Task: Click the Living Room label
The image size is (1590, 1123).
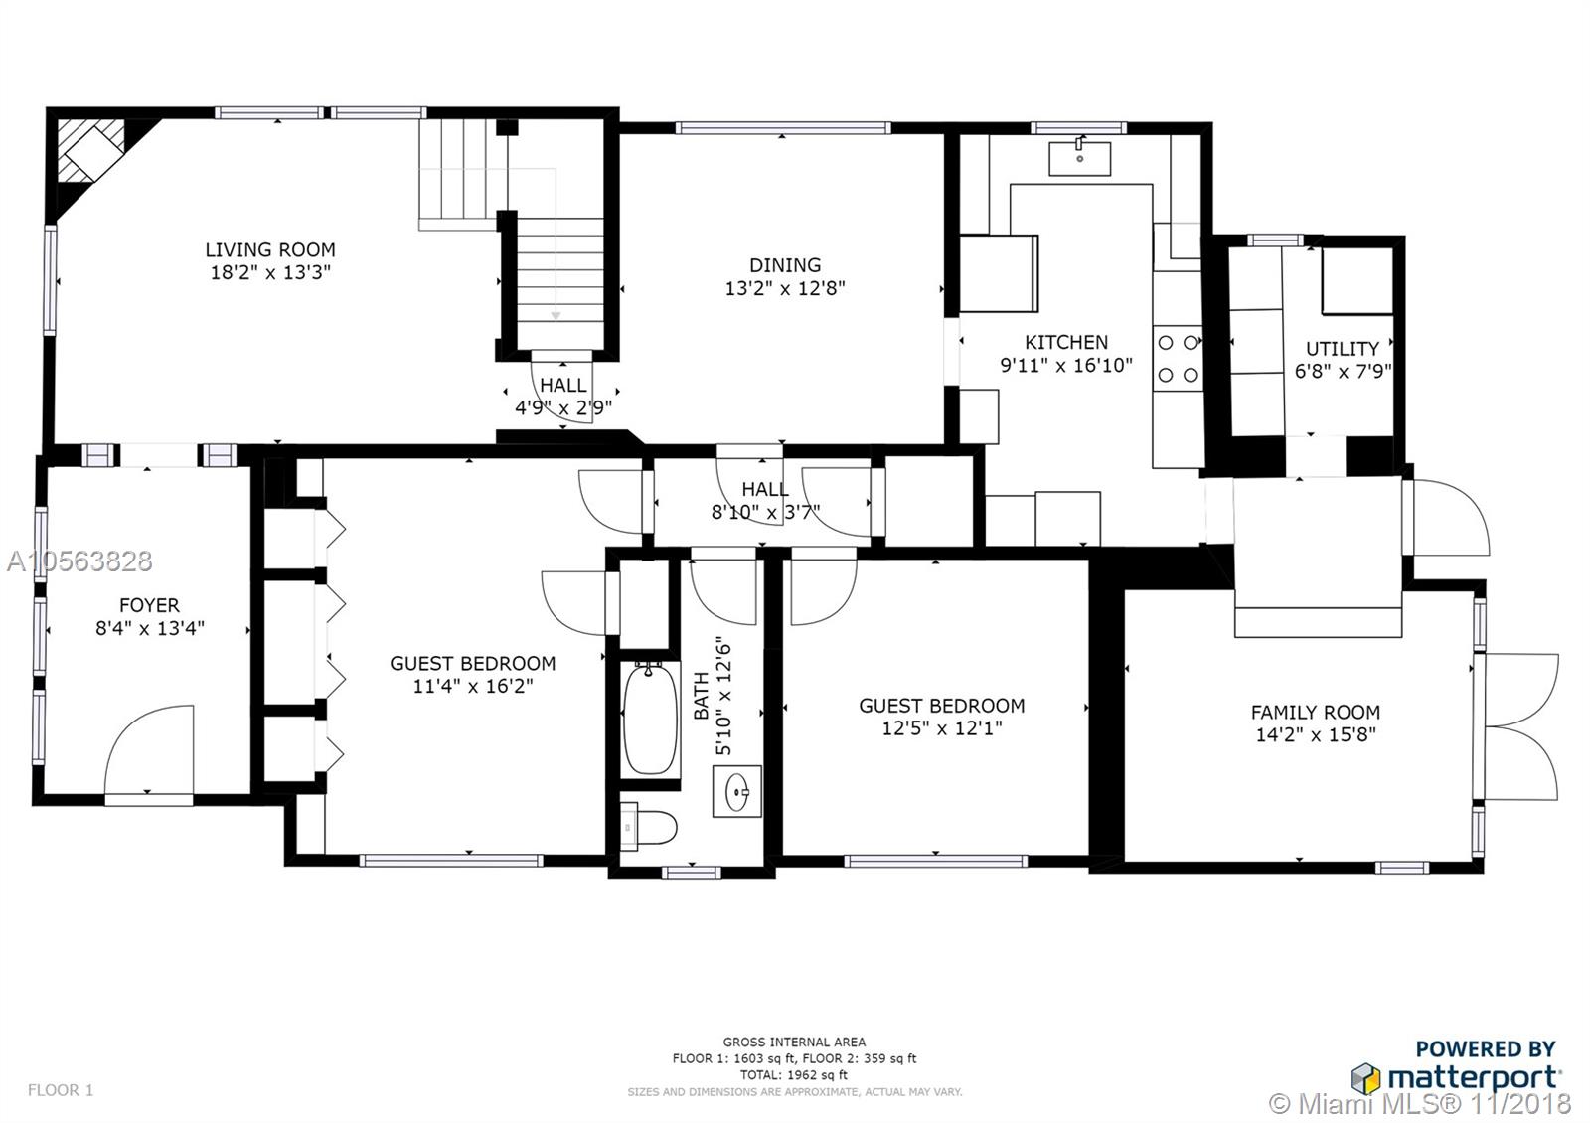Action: point(270,249)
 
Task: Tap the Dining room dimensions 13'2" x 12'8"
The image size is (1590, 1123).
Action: point(785,288)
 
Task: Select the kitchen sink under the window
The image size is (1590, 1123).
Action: point(1079,158)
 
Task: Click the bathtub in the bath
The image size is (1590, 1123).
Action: point(650,718)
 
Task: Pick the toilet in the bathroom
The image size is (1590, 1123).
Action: point(647,826)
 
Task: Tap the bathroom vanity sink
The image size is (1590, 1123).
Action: point(737,791)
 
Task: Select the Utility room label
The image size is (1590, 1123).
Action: point(1343,349)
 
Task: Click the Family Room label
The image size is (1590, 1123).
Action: point(1316,712)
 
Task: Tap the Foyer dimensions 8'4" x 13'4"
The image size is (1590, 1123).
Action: point(150,628)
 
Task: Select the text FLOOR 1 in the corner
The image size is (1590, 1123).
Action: point(61,1089)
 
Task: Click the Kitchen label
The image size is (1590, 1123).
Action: point(1066,342)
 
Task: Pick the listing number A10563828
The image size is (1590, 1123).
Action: point(79,561)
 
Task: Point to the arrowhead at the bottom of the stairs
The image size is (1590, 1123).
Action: point(556,315)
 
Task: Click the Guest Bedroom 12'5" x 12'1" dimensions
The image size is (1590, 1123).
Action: point(942,728)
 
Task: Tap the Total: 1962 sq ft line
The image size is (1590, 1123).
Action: point(794,1074)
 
